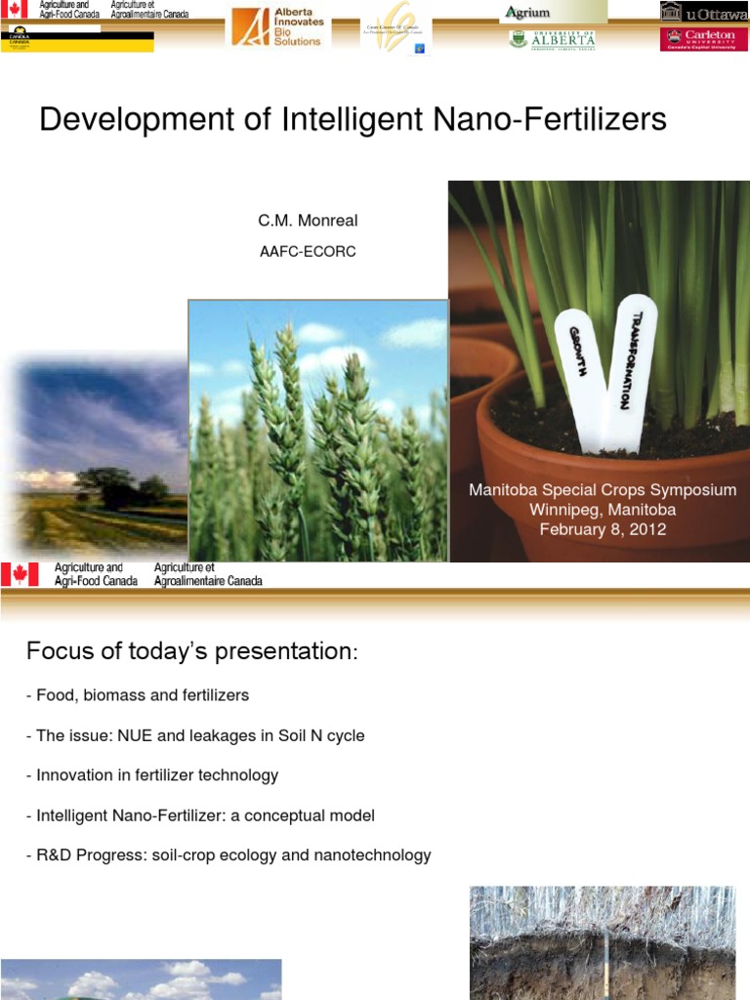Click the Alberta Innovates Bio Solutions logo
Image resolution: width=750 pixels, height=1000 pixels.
279,26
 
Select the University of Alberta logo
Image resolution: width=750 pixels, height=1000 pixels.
552,40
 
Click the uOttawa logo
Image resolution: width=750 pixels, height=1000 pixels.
704,13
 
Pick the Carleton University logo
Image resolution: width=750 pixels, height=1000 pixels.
704,39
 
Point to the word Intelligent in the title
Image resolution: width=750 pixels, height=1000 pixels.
347,120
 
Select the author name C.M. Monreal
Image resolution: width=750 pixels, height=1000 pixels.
308,221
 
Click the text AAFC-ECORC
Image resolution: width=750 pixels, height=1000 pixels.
308,252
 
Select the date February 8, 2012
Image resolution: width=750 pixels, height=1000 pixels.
603,529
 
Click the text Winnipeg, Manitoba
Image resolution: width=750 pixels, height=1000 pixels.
603,510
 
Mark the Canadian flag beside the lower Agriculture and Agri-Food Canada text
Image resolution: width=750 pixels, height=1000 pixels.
20,574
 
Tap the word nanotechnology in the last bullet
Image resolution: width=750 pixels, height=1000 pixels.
372,855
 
